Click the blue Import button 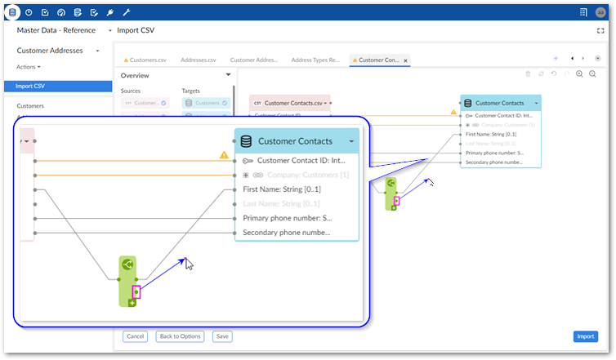tap(585, 336)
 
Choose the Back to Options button tap(179, 336)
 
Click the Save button tap(221, 336)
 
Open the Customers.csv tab tap(148, 60)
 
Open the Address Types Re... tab tap(316, 60)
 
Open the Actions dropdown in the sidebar tap(28, 67)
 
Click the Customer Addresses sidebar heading tap(51, 51)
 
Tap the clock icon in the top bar tap(29, 12)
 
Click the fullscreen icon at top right tap(601, 30)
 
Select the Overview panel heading tap(135, 75)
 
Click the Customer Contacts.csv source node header tap(290, 103)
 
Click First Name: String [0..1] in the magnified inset tap(281, 189)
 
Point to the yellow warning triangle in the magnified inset tap(224, 154)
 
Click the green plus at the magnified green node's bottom tap(132, 303)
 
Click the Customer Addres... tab tap(255, 60)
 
